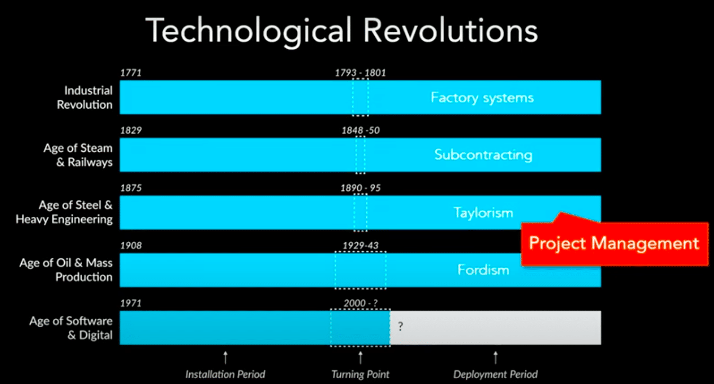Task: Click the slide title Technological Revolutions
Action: [x=341, y=30]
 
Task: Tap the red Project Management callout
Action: [x=614, y=243]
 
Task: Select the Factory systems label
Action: [x=482, y=98]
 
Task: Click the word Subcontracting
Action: [x=483, y=155]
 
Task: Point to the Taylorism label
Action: [x=483, y=213]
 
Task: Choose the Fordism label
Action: [x=483, y=270]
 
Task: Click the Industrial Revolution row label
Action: [x=84, y=98]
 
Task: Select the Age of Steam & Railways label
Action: [x=78, y=155]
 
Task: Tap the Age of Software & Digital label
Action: [x=71, y=328]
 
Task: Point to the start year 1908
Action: [x=131, y=245]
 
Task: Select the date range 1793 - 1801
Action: [x=360, y=73]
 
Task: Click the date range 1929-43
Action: [x=360, y=245]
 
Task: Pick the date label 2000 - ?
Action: [x=360, y=303]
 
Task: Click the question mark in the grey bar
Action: [x=400, y=327]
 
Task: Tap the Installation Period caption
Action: [x=225, y=374]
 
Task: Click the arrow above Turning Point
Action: [x=360, y=356]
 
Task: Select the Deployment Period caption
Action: [x=495, y=374]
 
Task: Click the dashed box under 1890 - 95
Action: [x=360, y=213]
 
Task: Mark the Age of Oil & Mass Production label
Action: [x=66, y=270]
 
